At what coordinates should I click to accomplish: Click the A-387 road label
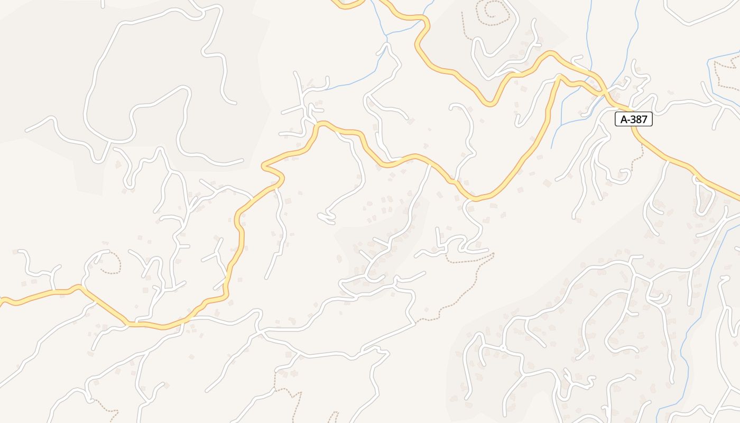tap(634, 119)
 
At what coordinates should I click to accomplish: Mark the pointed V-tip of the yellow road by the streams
tap(559, 78)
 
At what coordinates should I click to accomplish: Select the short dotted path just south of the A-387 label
tap(641, 150)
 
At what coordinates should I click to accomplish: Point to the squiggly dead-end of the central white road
tap(326, 217)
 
